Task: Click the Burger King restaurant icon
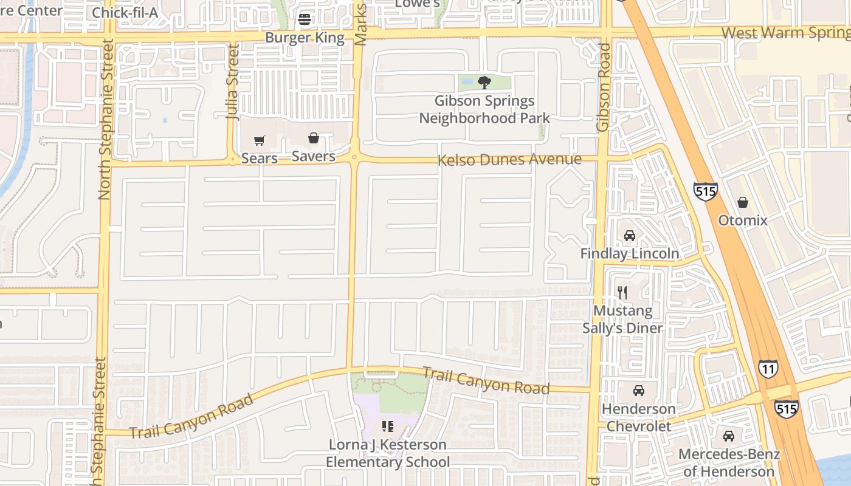[x=305, y=19]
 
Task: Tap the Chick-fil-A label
[x=125, y=12]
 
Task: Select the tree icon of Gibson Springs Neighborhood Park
[x=484, y=82]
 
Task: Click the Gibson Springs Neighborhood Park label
[x=484, y=109]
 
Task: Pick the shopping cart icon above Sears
[x=260, y=141]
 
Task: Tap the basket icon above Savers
[x=314, y=139]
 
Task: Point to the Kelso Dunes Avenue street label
[x=509, y=160]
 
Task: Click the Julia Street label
[x=233, y=82]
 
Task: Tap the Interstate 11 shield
[x=768, y=369]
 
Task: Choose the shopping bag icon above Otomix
[x=742, y=202]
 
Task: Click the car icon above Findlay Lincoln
[x=630, y=236]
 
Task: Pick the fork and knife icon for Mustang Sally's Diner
[x=622, y=293]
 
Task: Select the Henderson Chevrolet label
[x=638, y=417]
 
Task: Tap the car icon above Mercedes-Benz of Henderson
[x=728, y=436]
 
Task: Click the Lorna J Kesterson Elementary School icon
[x=388, y=426]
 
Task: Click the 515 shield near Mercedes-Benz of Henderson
[x=787, y=409]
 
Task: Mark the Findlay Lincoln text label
[x=630, y=253]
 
